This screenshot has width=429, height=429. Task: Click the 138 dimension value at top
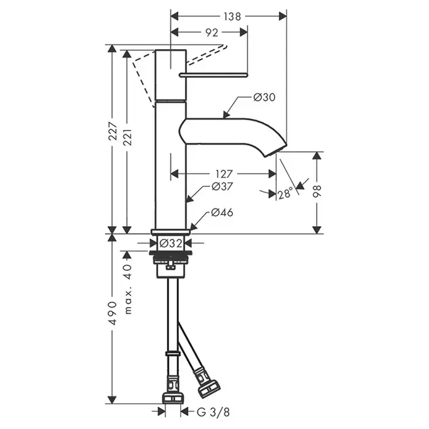click(x=232, y=17)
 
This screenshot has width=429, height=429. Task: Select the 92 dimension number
click(x=212, y=32)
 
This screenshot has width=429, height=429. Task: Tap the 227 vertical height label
click(x=113, y=131)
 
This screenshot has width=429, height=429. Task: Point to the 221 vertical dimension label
click(x=127, y=137)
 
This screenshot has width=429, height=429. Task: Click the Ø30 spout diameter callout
click(x=264, y=97)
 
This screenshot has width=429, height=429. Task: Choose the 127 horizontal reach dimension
click(x=224, y=173)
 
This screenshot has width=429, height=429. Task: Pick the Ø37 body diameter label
click(x=222, y=186)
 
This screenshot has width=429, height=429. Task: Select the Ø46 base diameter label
click(x=222, y=212)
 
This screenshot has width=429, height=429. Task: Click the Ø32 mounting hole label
click(x=171, y=243)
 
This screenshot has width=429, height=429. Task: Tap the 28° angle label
click(x=285, y=194)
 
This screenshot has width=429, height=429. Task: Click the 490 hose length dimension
click(x=113, y=313)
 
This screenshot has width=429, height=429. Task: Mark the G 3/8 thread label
click(x=213, y=412)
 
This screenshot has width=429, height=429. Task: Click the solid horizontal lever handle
click(x=213, y=75)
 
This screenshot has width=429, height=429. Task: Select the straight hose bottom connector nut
click(x=173, y=398)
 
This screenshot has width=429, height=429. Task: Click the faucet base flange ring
click(x=171, y=232)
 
